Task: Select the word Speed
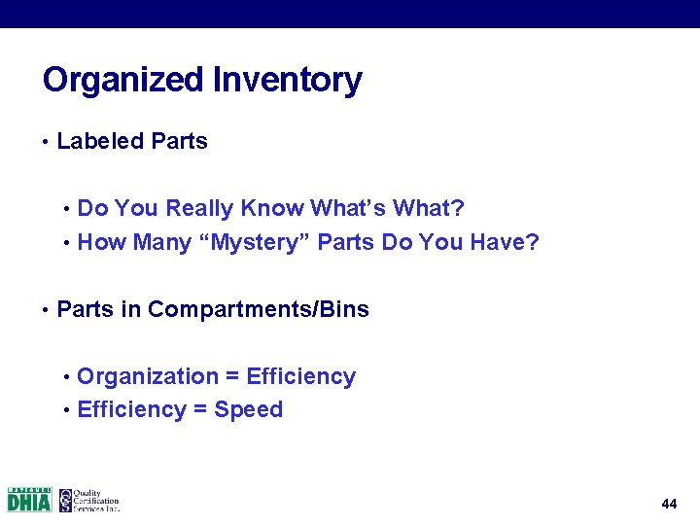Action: coord(249,410)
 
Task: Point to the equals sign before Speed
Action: coord(199,410)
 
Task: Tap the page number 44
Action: coord(669,504)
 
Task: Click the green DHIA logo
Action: coord(29,500)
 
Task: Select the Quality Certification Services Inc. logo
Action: coord(88,500)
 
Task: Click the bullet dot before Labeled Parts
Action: coord(46,142)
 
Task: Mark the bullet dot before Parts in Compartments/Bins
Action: coord(46,311)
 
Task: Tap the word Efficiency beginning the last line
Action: coord(131,410)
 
